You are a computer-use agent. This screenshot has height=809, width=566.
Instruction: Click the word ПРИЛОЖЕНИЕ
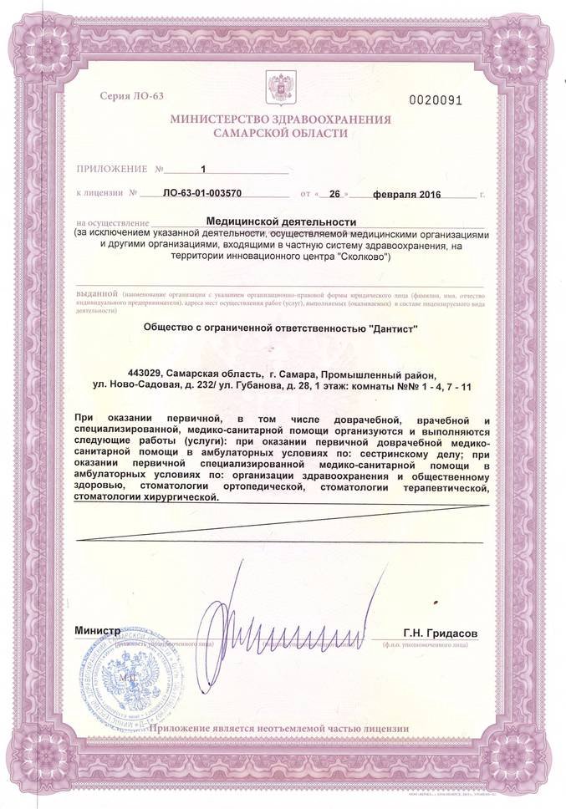pyautogui.click(x=111, y=169)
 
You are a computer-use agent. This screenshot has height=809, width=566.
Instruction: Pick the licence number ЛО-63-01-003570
pyautogui.click(x=204, y=193)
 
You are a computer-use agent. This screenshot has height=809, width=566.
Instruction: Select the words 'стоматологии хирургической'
pyautogui.click(x=145, y=496)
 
